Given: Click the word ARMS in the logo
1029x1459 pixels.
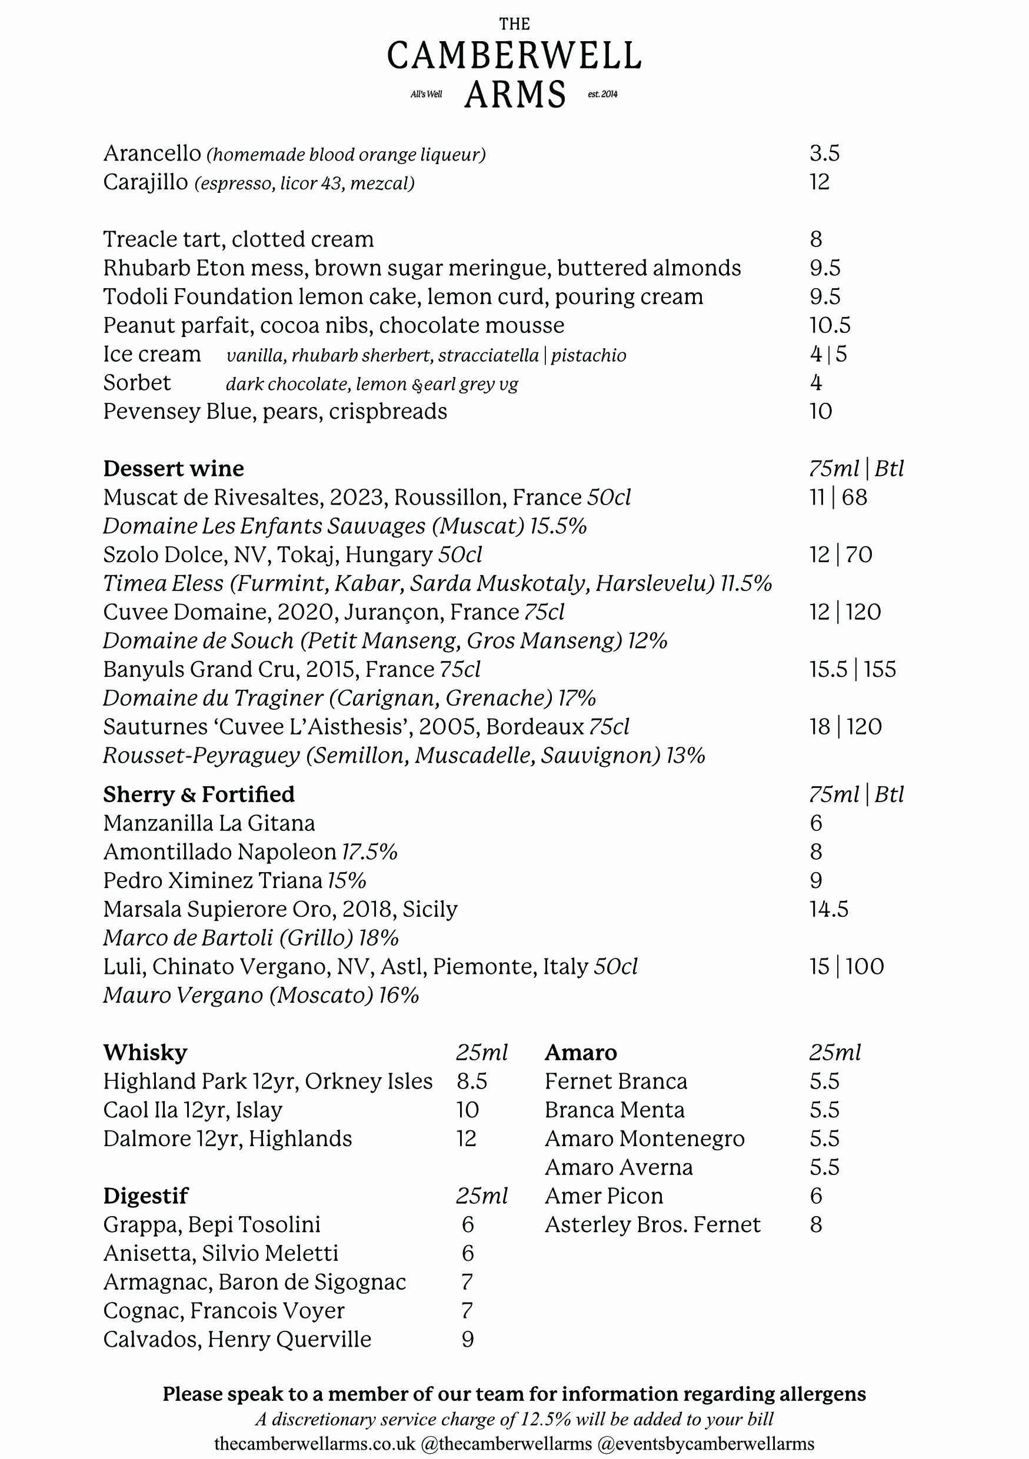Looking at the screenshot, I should click(x=514, y=95).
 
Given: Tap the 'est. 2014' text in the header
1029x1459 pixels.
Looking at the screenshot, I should click(x=602, y=94).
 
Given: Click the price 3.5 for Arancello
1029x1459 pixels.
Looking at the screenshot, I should click(x=824, y=153).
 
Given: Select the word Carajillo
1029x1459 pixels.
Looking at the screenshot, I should click(x=145, y=182).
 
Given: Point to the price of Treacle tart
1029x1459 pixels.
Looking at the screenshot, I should click(x=815, y=239).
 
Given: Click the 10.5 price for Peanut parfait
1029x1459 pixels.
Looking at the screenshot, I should click(x=830, y=325).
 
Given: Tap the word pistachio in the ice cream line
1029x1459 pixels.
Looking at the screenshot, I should click(x=588, y=355).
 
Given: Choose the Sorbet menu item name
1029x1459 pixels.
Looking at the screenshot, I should click(x=137, y=383).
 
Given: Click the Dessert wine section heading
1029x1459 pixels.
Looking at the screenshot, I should click(x=174, y=469).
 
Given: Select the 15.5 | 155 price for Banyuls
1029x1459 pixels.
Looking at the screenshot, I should click(x=852, y=669).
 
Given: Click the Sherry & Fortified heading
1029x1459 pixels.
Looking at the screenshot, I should click(x=199, y=794).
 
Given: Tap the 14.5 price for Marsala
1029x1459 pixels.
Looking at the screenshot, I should click(x=829, y=909).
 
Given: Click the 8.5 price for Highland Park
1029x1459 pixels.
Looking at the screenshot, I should click(x=472, y=1081).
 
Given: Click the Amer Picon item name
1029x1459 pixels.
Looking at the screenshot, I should click(x=604, y=1196).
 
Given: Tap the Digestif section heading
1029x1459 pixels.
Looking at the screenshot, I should click(x=145, y=1196).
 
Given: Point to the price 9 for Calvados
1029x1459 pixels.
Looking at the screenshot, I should click(x=467, y=1340).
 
